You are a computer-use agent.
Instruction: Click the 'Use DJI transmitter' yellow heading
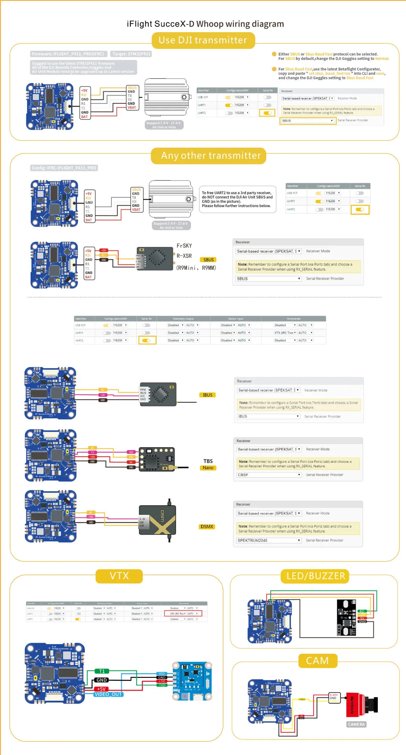pos(203,40)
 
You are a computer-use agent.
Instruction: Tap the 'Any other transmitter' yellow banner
pos(211,156)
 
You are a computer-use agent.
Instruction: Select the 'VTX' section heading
pos(119,576)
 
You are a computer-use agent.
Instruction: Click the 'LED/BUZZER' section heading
pos(315,576)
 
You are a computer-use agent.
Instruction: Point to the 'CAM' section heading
pos(317,661)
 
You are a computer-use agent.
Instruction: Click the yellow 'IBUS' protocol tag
pos(207,395)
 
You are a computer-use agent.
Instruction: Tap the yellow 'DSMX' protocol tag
pos(207,527)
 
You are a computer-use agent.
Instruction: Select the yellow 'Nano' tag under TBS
pos(208,468)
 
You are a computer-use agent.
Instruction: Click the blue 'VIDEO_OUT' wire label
pos(108,694)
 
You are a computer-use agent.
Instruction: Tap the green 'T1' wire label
pos(102,671)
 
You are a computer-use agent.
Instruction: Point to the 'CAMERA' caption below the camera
pos(356,724)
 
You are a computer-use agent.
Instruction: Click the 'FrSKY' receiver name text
pos(184,246)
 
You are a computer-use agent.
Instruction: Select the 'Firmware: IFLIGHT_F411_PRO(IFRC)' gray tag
pos(68,54)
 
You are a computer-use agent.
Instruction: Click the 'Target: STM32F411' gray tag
pos(131,54)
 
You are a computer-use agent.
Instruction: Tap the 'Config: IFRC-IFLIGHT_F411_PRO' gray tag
pos(64,168)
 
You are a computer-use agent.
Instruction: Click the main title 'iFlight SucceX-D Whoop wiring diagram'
pos(205,24)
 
